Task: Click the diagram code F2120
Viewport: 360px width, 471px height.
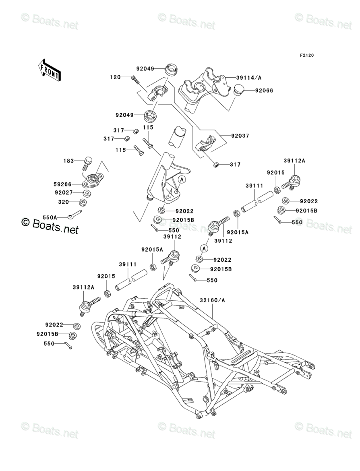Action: point(306,55)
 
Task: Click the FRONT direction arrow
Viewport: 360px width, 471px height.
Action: point(50,70)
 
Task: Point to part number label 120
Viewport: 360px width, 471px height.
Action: point(116,77)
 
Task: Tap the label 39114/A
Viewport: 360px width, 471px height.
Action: point(249,78)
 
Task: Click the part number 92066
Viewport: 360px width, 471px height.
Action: point(264,91)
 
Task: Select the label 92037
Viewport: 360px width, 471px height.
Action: point(240,136)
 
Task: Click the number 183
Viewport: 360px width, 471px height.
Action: point(68,161)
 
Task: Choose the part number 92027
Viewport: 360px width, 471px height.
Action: point(63,192)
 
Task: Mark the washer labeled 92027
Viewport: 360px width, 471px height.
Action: point(87,193)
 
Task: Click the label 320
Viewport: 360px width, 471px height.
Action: point(63,202)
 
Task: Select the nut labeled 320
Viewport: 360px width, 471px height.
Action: point(83,202)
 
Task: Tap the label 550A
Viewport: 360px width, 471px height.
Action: point(50,217)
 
